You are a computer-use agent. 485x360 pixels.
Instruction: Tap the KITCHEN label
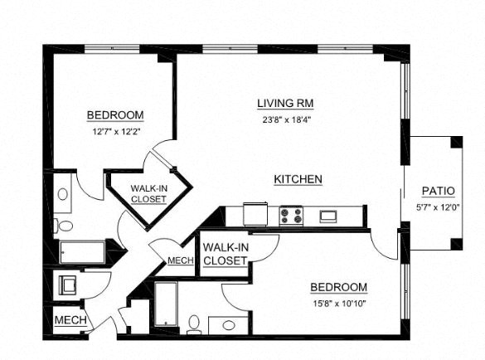[298, 180]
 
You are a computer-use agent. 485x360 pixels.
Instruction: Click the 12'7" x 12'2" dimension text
[115, 130]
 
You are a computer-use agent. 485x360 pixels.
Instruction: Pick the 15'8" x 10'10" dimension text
[338, 303]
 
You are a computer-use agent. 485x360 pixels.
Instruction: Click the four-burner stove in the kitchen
[291, 216]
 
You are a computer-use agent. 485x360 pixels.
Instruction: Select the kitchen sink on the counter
[328, 216]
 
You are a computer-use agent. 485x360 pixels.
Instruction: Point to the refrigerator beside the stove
[255, 214]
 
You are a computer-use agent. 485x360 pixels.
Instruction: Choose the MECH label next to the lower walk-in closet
[180, 261]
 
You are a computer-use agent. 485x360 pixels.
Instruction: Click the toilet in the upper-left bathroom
[64, 225]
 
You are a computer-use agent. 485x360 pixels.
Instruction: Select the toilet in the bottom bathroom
[194, 323]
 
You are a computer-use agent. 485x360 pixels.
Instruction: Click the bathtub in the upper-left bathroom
[82, 251]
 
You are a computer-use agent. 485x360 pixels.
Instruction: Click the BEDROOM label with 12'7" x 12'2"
[115, 115]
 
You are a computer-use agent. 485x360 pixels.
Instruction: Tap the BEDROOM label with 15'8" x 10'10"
[338, 288]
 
